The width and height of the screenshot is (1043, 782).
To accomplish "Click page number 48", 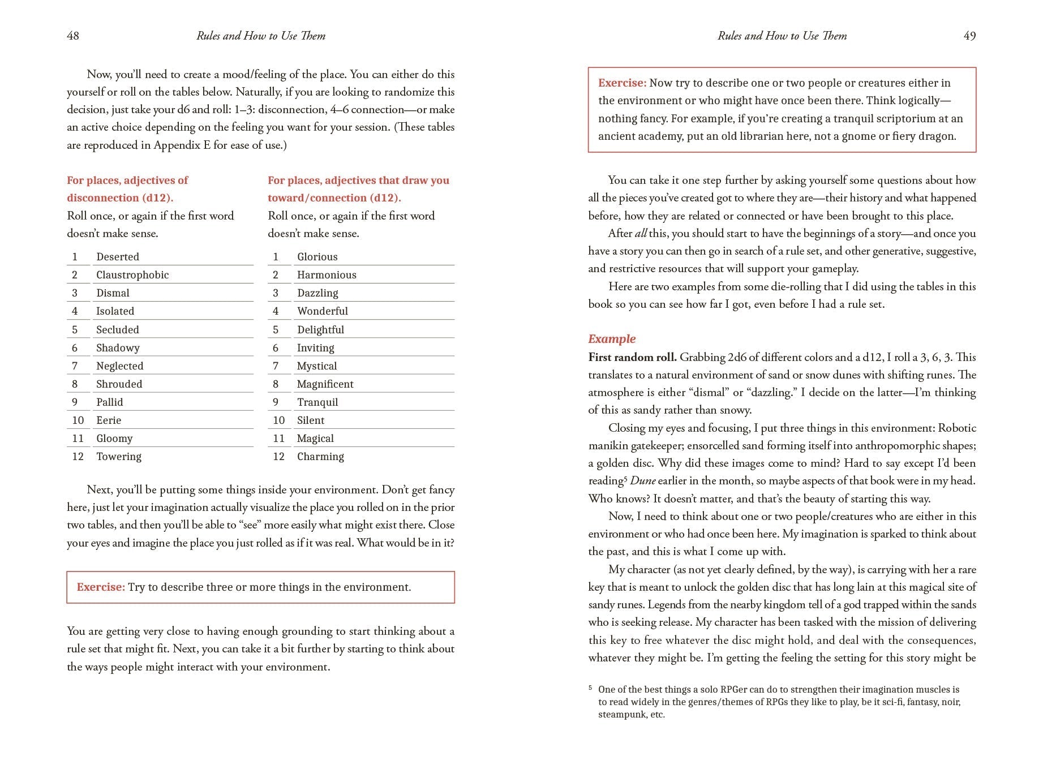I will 73,36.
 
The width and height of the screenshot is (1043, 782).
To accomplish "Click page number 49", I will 969,36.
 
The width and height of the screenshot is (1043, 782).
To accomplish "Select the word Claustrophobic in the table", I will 132,275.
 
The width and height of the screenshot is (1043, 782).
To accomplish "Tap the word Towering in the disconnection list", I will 119,457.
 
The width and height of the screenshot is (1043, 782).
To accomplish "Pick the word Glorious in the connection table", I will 317,257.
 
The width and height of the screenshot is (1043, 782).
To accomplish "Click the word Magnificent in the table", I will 325,384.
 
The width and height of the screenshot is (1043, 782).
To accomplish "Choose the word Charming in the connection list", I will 320,457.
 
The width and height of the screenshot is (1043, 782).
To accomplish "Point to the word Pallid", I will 109,402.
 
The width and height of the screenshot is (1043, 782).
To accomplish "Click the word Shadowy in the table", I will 118,348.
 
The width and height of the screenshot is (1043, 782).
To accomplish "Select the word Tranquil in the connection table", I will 317,402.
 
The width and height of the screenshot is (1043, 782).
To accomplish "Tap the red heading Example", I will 612,339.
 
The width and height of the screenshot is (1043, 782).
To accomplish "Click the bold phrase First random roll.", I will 632,357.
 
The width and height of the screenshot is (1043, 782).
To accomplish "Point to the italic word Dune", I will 642,481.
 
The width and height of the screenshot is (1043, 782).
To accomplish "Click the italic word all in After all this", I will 641,234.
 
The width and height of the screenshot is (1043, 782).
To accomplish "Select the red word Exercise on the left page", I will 101,587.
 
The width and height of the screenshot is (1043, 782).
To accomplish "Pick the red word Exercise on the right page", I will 622,83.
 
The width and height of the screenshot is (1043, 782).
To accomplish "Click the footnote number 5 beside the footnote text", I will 590,688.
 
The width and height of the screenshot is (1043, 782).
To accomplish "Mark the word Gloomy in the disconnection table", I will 114,439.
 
